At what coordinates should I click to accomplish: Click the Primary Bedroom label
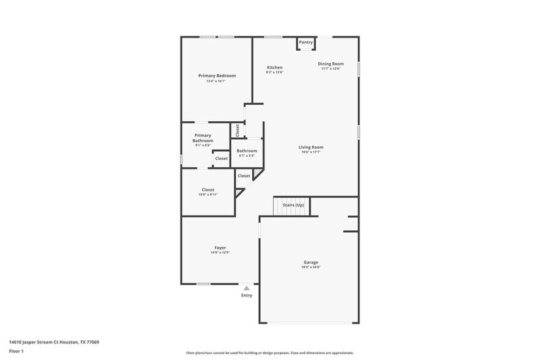click(x=217, y=76)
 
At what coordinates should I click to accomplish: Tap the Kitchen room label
click(x=275, y=67)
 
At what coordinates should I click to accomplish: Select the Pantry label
click(x=306, y=42)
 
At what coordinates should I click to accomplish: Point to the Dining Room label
click(x=331, y=64)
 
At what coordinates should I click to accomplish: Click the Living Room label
click(x=311, y=147)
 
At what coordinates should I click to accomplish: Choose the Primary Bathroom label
click(x=203, y=138)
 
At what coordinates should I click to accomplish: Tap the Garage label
click(x=311, y=262)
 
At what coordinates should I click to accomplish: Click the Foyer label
click(x=220, y=247)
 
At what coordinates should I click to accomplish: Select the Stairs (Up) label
click(x=293, y=204)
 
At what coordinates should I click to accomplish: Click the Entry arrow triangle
click(x=246, y=288)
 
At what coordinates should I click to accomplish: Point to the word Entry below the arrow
click(x=246, y=295)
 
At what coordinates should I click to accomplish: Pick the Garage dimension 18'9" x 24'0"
click(x=311, y=267)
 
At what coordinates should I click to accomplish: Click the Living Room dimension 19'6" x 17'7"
click(x=311, y=152)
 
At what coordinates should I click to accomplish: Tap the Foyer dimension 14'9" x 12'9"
click(x=220, y=252)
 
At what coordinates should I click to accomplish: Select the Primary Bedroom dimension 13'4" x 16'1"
click(x=217, y=81)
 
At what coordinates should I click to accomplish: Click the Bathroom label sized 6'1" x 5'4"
click(x=247, y=151)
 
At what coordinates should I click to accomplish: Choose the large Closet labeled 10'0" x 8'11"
click(x=208, y=190)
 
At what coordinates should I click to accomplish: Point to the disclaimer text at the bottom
click(x=269, y=353)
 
